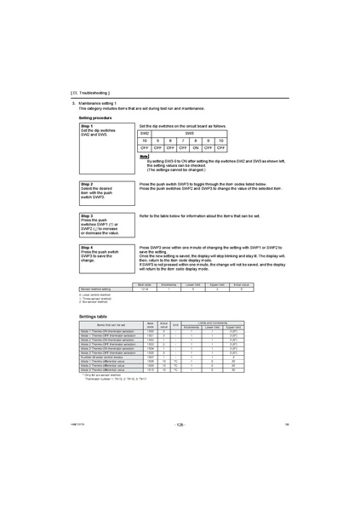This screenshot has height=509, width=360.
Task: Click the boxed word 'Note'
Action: (x=144, y=157)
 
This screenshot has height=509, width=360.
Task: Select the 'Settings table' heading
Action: (x=93, y=315)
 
